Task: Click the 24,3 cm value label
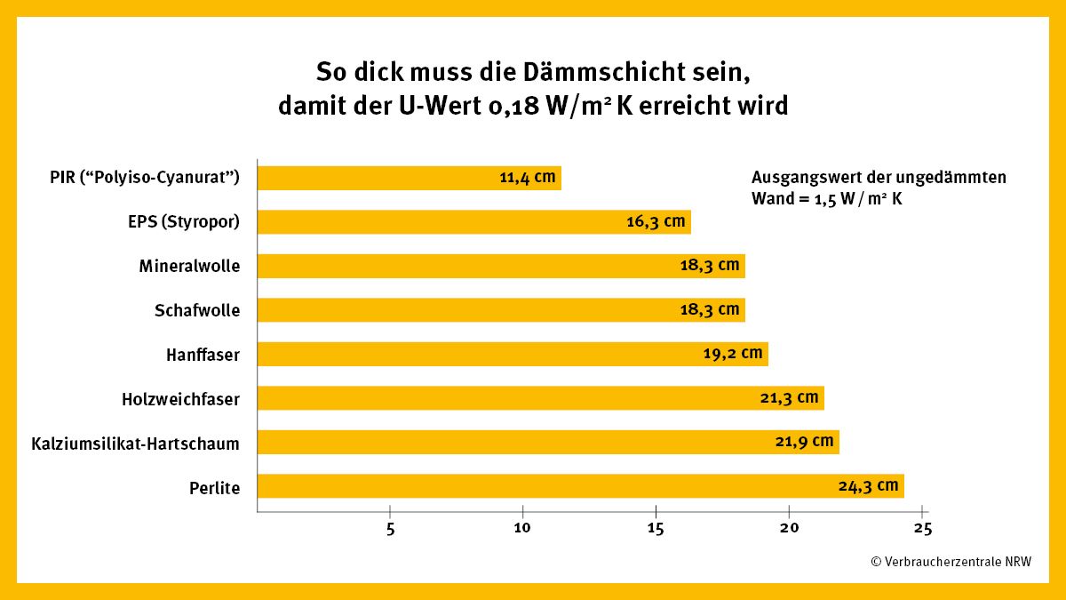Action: (x=869, y=486)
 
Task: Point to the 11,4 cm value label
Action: (x=528, y=178)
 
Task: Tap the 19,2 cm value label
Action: (x=733, y=354)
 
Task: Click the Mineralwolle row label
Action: (x=189, y=266)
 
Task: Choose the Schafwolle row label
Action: (x=197, y=310)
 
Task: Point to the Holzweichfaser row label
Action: (x=180, y=399)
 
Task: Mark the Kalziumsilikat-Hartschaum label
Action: (x=135, y=443)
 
